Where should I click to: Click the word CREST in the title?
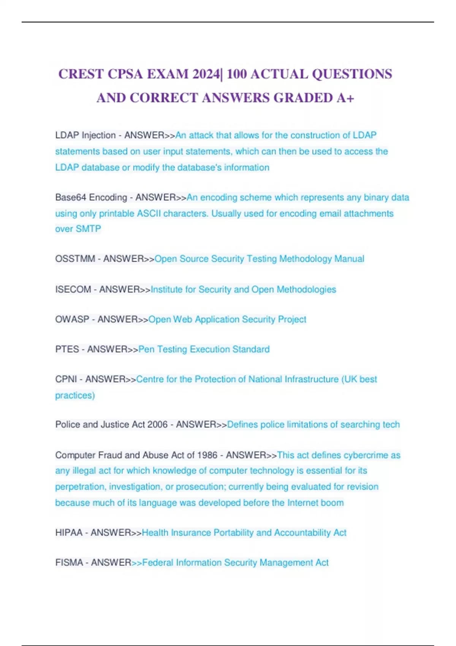pos(81,74)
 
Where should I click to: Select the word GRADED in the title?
pos(303,98)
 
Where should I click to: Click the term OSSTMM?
pos(75,259)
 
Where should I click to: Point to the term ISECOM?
pos(73,290)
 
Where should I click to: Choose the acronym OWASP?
pos(72,320)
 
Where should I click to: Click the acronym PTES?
pos(67,349)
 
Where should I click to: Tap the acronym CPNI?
pos(66,379)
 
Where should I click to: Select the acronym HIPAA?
pos(69,533)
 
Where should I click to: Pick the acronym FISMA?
pos(68,563)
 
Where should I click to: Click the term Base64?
pos(71,198)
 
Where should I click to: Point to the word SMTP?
pos(89,229)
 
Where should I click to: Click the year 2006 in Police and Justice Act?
pos(157,424)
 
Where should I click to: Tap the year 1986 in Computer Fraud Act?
pos(207,455)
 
